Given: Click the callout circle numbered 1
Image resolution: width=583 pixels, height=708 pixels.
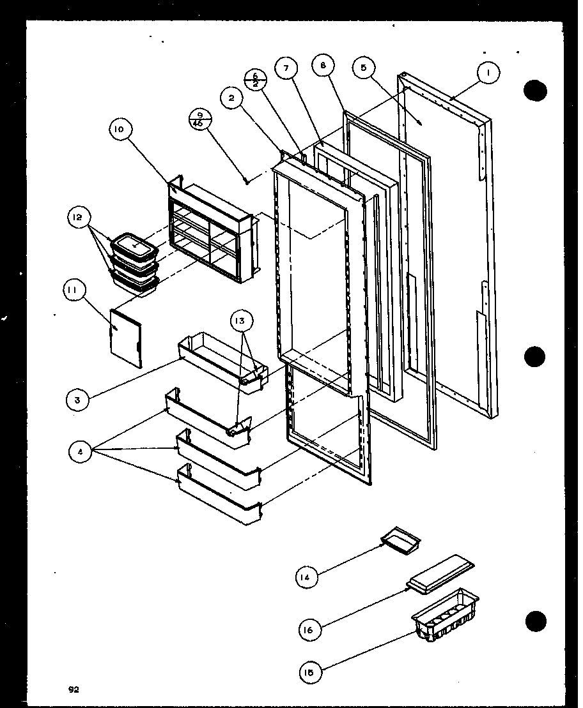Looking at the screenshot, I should click(x=489, y=73).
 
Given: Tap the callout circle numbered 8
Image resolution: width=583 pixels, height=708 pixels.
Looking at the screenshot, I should click(x=324, y=66).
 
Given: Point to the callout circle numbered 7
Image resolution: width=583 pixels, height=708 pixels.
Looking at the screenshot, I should click(x=286, y=68).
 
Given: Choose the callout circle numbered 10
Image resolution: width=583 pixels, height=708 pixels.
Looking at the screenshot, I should click(x=120, y=129).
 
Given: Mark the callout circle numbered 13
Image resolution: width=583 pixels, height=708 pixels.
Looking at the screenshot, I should click(x=242, y=320).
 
